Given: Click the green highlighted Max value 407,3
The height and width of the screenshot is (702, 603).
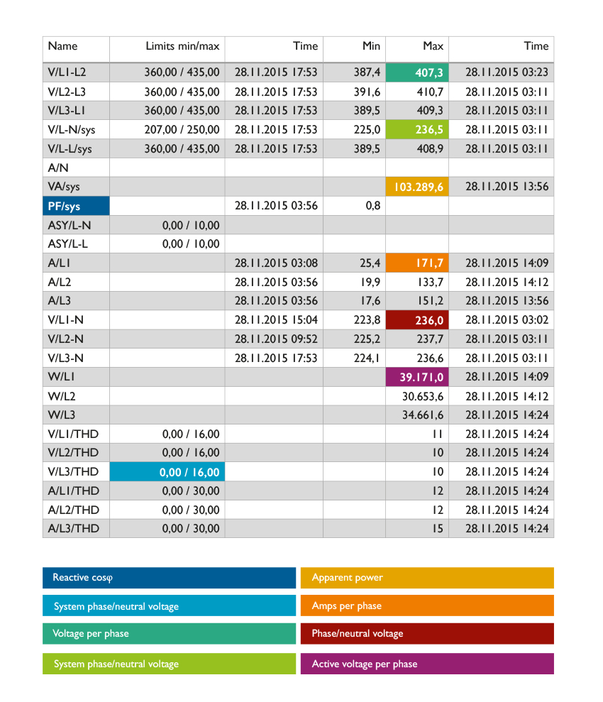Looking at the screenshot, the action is point(417,72).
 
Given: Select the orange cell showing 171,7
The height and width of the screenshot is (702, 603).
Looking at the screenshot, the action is point(417,263).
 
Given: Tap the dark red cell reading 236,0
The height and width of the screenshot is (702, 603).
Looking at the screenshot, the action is point(417,320).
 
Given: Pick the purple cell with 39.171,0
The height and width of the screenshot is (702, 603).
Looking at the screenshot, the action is point(417,377).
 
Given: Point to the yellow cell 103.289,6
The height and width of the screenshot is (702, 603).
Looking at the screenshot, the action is point(417,187).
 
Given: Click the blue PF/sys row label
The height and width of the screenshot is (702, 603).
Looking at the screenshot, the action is point(76,206).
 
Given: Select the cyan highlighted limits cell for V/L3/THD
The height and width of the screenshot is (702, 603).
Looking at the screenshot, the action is point(167,472).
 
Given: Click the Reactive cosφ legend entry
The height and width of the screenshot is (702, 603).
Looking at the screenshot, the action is point(169,578).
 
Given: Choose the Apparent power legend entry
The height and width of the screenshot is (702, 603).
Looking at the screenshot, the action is point(427,578).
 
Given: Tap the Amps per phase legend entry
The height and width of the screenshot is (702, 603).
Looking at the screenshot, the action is point(427,605).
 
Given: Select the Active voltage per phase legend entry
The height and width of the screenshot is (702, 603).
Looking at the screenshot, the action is point(427,664).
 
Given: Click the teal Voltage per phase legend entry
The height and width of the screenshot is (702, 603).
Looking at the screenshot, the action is point(169,633).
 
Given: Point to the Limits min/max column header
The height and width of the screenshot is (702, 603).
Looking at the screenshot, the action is point(182,46).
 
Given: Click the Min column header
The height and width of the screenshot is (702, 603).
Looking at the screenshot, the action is point(371,46).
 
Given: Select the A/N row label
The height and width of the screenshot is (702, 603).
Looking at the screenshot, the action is point(58,168).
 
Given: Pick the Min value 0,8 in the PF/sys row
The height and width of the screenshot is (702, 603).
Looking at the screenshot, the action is point(373,206).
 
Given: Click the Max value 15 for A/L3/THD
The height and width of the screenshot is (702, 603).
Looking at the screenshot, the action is point(438,529).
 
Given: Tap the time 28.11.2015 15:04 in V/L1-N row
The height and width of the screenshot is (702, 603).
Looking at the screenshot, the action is point(276,320).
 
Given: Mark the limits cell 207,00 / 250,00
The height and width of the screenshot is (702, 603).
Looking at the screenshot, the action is point(182,130).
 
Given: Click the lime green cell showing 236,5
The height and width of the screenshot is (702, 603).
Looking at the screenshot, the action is point(417,129).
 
